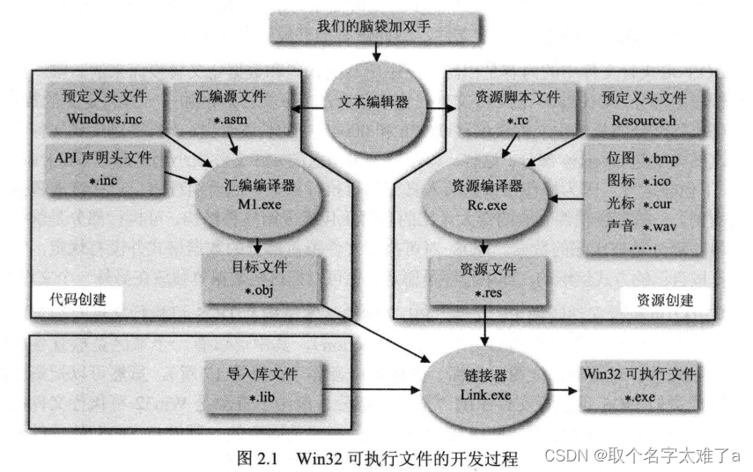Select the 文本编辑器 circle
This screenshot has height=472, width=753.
click(373, 103)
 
